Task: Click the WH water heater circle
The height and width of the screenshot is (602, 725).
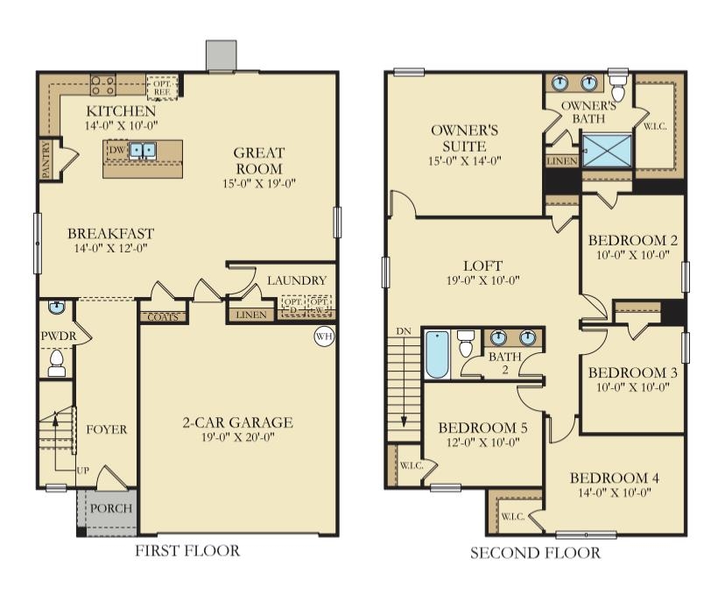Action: [324, 336]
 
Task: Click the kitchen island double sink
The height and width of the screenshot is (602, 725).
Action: [143, 151]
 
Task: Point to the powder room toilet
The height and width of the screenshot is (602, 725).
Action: [57, 363]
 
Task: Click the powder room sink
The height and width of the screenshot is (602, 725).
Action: [55, 308]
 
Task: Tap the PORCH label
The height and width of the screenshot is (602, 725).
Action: [111, 508]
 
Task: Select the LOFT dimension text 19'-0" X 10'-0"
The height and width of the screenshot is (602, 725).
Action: [483, 281]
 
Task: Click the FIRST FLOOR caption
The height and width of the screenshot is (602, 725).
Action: [187, 551]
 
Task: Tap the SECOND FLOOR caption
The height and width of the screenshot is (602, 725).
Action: [536, 553]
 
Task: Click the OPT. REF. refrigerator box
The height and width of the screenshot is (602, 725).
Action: [162, 86]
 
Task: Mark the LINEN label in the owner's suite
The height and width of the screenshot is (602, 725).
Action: [561, 161]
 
